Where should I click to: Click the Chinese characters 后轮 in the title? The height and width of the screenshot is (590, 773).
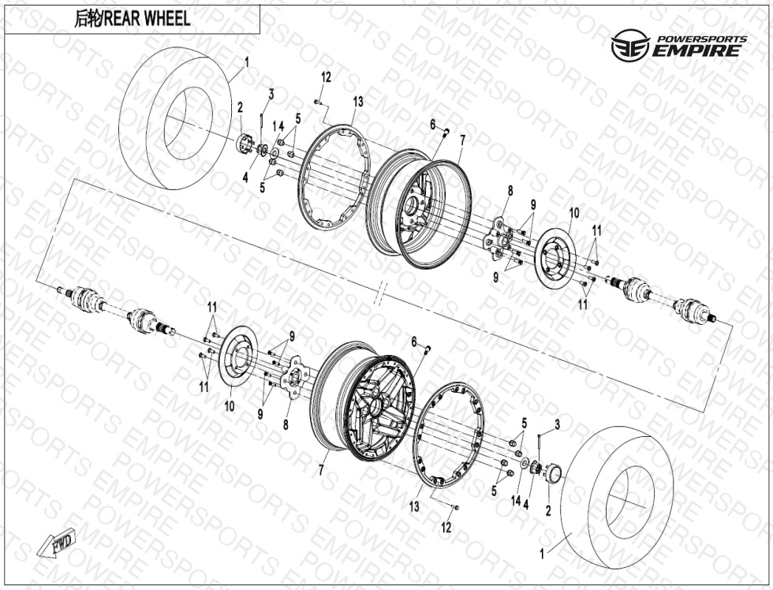[x=88, y=19]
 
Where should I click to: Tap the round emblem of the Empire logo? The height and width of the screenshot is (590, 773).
[x=629, y=46]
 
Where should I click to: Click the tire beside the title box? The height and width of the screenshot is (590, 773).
[x=176, y=118]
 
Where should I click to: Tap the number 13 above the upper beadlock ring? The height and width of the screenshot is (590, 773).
[x=358, y=101]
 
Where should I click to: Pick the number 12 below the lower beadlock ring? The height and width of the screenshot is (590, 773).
[x=446, y=528]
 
